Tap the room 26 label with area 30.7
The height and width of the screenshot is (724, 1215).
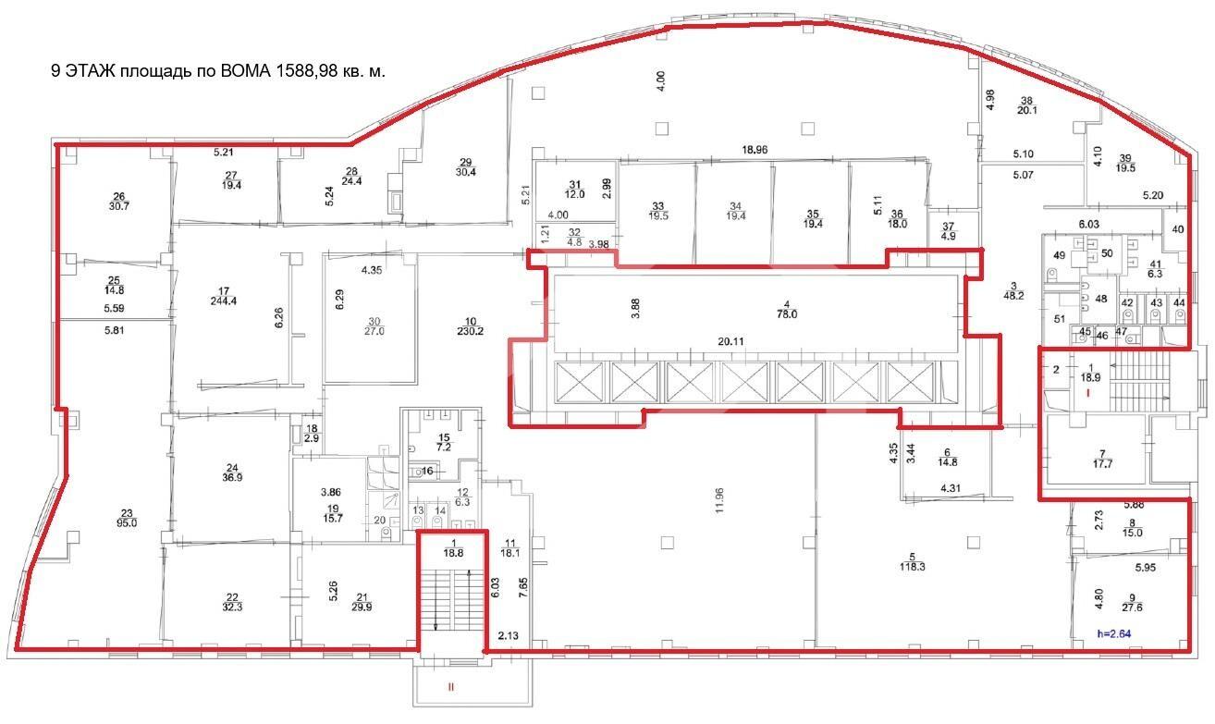118,202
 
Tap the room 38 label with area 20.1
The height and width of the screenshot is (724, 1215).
1026,105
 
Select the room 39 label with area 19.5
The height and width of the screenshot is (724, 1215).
1125,163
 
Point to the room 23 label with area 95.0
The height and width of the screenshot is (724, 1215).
127,517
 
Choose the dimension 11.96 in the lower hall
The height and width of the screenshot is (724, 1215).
719,498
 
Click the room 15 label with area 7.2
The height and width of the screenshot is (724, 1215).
444,441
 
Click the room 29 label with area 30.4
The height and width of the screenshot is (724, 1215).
466,167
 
